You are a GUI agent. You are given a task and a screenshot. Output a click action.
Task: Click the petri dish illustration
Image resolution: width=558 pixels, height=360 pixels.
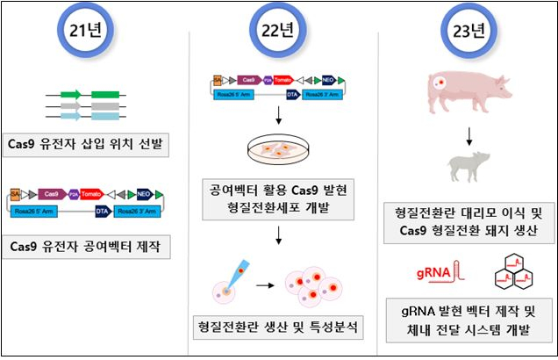(x=279, y=150)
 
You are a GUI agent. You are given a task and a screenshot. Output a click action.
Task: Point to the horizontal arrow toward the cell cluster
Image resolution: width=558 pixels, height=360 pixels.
(x=261, y=285)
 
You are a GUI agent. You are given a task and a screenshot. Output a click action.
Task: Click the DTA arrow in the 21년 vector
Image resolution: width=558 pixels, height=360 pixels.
(x=103, y=211)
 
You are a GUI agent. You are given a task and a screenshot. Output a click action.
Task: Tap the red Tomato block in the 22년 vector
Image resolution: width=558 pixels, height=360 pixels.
(x=282, y=79)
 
